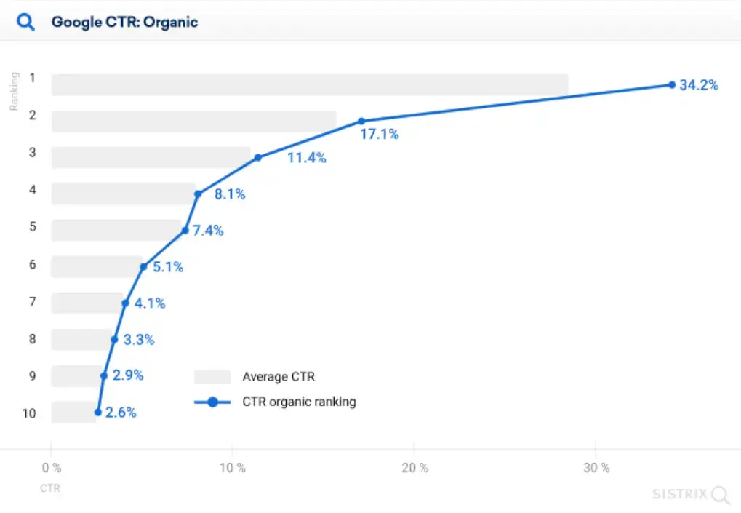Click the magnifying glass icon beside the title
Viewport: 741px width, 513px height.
26,22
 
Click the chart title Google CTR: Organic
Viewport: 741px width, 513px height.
124,22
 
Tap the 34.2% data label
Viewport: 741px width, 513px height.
698,85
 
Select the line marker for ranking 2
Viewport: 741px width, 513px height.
361,121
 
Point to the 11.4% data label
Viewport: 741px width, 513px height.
306,158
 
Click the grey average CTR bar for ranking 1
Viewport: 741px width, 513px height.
309,84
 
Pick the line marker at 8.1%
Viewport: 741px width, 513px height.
198,194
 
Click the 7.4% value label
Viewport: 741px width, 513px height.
207,231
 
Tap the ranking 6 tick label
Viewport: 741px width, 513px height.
33,264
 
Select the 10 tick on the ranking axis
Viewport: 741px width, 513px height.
29,413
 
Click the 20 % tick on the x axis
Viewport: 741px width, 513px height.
414,468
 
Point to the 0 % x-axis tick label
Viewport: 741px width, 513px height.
51,468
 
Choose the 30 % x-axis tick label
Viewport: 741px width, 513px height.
596,468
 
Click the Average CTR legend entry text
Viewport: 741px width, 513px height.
279,377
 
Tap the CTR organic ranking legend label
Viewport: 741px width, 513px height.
299,402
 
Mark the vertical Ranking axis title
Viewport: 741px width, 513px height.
14,91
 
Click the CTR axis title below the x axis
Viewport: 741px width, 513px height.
50,488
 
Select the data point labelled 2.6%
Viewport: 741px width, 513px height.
98,413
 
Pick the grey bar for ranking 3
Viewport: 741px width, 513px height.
151,157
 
